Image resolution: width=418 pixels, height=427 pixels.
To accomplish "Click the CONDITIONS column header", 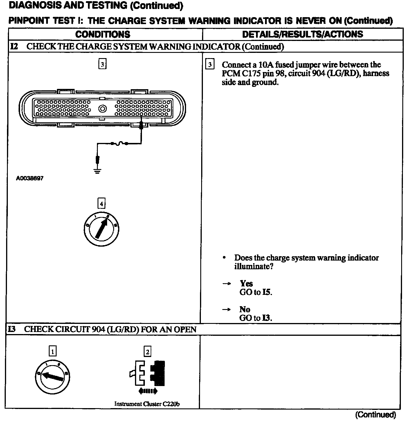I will pyautogui.click(x=103, y=34).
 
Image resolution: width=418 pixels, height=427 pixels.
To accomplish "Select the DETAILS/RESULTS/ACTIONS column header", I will pyautogui.click(x=302, y=34).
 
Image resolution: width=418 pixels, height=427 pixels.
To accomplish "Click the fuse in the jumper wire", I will pyautogui.click(x=119, y=143).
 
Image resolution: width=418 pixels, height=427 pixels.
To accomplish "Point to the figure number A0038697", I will pyautogui.click(x=30, y=178).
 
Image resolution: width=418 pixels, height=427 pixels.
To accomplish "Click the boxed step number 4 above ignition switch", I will pyautogui.click(x=101, y=204).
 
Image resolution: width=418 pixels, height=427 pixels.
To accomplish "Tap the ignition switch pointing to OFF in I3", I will pyautogui.click(x=52, y=376).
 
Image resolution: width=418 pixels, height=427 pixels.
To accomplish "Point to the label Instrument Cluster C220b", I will pyautogui.click(x=147, y=404).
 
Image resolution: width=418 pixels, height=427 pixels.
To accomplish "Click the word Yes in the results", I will pyautogui.click(x=246, y=284).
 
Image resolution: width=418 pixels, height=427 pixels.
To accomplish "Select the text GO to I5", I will pyautogui.click(x=256, y=292).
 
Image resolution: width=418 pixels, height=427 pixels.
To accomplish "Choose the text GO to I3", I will pyautogui.click(x=256, y=318).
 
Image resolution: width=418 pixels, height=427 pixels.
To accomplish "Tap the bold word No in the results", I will pyautogui.click(x=245, y=309).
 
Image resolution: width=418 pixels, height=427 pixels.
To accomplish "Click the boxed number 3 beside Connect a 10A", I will pyautogui.click(x=210, y=64).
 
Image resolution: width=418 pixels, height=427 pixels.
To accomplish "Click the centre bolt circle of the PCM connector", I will pyautogui.click(x=102, y=109).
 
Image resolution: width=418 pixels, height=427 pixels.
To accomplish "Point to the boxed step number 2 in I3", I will pyautogui.click(x=147, y=352).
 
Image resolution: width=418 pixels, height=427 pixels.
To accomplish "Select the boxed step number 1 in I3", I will pyautogui.click(x=53, y=352).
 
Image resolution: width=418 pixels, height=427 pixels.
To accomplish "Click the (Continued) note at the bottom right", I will pyautogui.click(x=375, y=415).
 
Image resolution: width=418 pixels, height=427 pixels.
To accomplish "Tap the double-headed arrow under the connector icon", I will pyautogui.click(x=148, y=391).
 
